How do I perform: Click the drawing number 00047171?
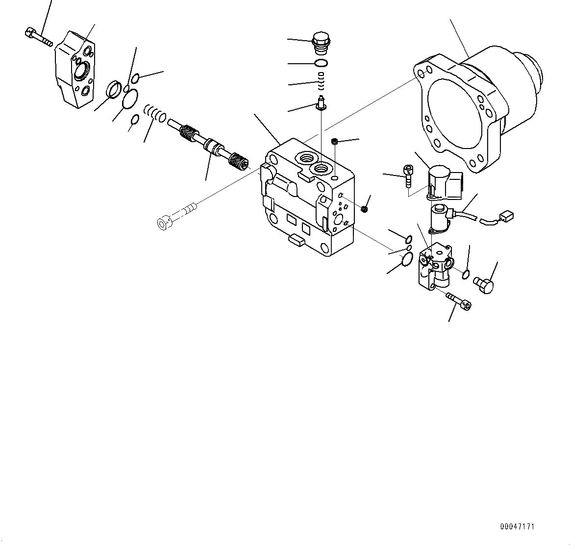(517, 527)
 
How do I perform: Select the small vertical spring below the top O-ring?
(322, 81)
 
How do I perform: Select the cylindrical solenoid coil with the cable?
(440, 215)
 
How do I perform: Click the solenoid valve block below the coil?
(436, 265)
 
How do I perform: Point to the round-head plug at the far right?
(484, 284)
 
